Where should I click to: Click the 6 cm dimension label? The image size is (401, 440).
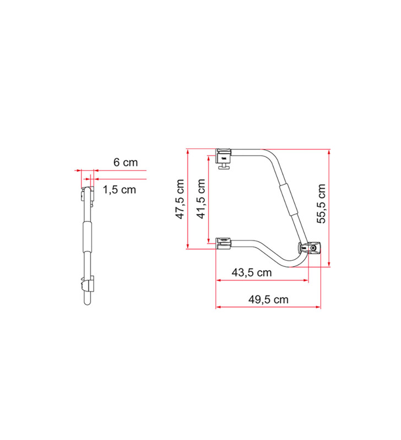(x=125, y=162)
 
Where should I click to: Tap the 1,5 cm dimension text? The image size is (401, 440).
(x=118, y=190)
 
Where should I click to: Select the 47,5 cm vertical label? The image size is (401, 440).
(x=180, y=199)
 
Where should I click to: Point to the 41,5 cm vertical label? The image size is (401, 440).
(x=201, y=199)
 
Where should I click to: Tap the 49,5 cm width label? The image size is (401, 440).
(x=268, y=300)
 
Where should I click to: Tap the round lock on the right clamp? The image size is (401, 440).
(x=313, y=249)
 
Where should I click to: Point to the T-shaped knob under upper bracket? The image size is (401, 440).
(x=224, y=167)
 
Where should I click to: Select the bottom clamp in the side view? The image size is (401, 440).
(x=86, y=287)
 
